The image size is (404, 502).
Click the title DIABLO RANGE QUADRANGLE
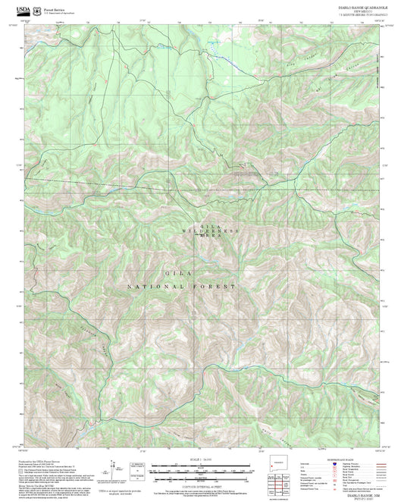point(360,6)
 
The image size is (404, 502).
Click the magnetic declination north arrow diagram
point(114,469)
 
